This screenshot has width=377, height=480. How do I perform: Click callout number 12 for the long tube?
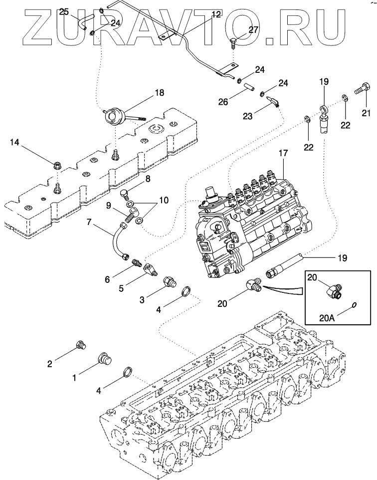point(215,14)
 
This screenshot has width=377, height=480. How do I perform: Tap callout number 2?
point(50,364)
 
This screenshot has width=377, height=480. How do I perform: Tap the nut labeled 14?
point(57,163)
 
